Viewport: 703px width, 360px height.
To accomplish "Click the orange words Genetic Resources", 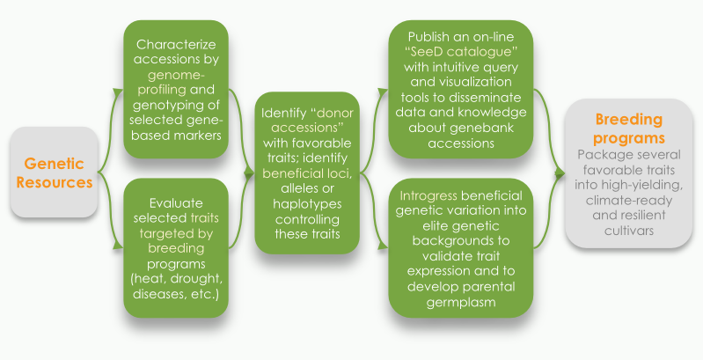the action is pyautogui.click(x=55, y=173).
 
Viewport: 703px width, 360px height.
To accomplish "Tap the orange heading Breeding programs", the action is pyautogui.click(x=628, y=129).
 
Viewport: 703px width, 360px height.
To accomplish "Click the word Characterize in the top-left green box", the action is pyautogui.click(x=176, y=44).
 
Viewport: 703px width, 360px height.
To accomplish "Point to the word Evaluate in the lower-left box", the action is pyautogui.click(x=176, y=203).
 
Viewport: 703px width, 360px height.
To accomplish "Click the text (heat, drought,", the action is pyautogui.click(x=176, y=279).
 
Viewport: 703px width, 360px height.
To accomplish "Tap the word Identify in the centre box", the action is pyautogui.click(x=282, y=113).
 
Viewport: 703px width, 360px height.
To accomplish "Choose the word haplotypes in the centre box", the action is pyautogui.click(x=307, y=204).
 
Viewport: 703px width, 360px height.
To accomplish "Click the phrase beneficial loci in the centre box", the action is pyautogui.click(x=307, y=173).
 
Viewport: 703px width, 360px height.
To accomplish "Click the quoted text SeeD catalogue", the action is pyautogui.click(x=461, y=52).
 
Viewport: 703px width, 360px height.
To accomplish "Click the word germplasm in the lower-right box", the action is pyautogui.click(x=461, y=302).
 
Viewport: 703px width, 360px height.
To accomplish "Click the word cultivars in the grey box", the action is pyautogui.click(x=628, y=231).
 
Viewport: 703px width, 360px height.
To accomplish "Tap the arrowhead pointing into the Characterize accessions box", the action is pyautogui.click(x=119, y=92).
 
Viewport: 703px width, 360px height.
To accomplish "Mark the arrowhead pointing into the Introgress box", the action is pyautogui.click(x=383, y=246).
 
